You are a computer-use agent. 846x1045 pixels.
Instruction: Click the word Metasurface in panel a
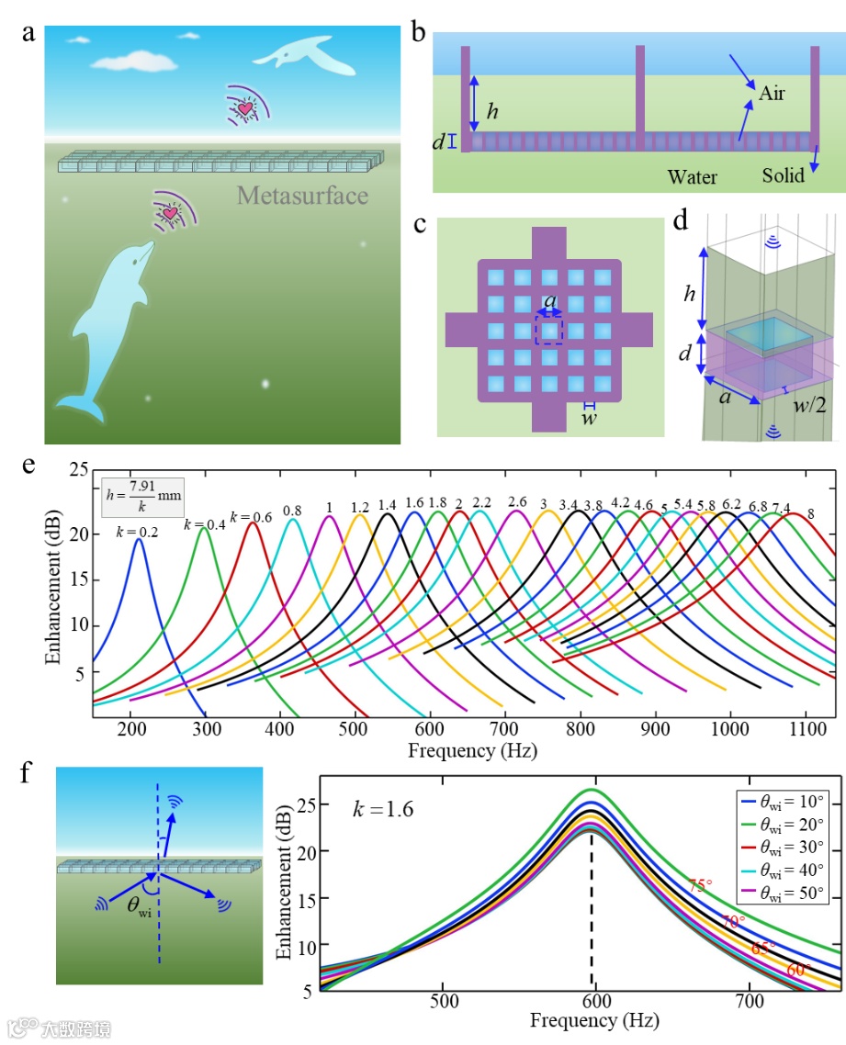pyautogui.click(x=302, y=196)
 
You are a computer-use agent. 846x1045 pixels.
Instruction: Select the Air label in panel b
pyautogui.click(x=772, y=93)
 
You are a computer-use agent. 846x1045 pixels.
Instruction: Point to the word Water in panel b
pyautogui.click(x=692, y=176)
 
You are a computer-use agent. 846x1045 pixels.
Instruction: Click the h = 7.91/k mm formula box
pyautogui.click(x=141, y=499)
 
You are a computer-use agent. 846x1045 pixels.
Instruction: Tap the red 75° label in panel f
pyautogui.click(x=700, y=885)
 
